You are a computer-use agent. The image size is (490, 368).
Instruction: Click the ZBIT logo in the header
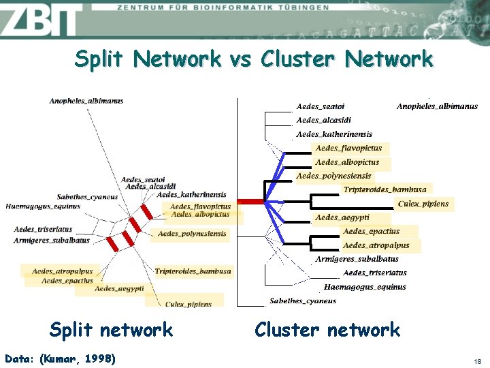[x=41, y=20]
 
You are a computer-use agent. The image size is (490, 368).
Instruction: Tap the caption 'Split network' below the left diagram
[x=111, y=330]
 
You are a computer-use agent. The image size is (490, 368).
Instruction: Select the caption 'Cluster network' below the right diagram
[x=327, y=330]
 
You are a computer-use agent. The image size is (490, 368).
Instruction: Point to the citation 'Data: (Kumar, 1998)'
[x=60, y=358]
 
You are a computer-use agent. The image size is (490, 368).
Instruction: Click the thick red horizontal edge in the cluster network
[x=250, y=202]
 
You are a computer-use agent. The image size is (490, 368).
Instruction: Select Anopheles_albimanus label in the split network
[x=86, y=101]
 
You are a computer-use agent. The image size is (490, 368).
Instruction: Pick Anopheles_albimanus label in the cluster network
[x=437, y=106]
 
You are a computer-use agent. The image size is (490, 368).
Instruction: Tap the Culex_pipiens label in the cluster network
[x=423, y=204]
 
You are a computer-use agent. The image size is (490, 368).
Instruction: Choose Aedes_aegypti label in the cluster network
[x=342, y=217]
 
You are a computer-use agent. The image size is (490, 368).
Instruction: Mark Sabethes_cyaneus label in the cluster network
[x=303, y=301]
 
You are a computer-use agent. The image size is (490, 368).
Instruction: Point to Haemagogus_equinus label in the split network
[x=43, y=206]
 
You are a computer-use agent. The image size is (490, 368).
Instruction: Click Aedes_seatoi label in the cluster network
[x=321, y=106]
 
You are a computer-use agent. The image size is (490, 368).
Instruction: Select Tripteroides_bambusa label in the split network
[x=193, y=271]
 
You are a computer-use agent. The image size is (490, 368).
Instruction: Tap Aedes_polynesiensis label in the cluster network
[x=333, y=177]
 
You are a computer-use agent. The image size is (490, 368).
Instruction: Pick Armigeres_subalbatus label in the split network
[x=52, y=240]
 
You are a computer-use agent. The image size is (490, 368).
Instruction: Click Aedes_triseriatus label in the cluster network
[x=375, y=273]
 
